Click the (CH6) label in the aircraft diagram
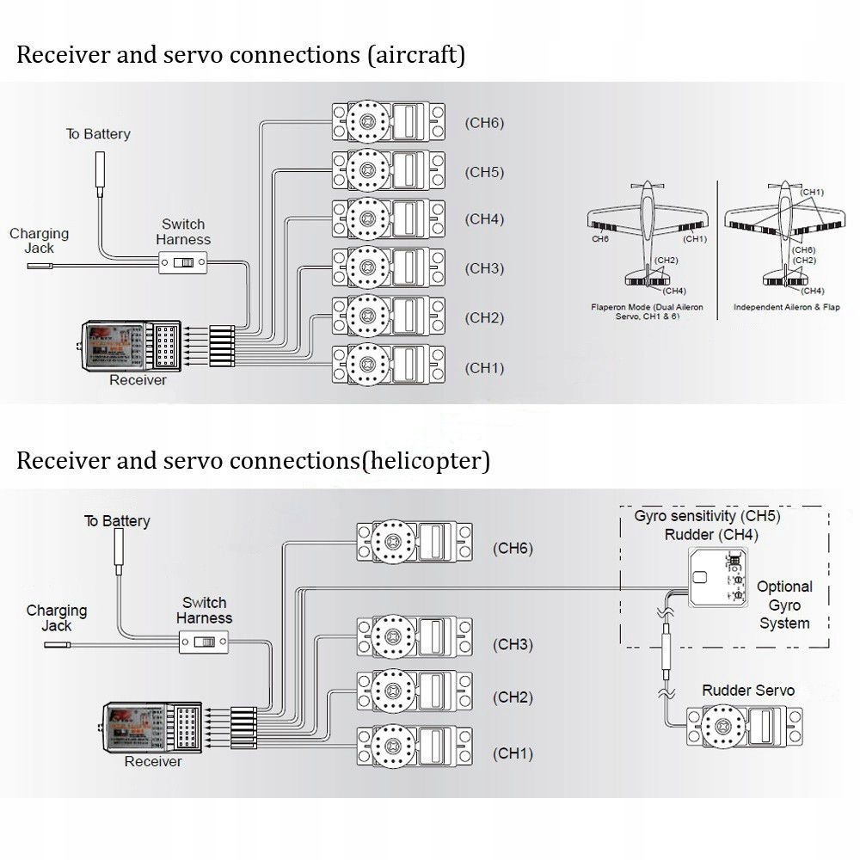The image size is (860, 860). [x=484, y=122]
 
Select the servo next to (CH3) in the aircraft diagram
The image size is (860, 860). [x=390, y=267]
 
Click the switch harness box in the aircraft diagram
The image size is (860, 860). [x=182, y=262]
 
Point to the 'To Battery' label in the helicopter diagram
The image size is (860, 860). [x=117, y=521]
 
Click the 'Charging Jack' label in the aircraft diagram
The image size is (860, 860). [x=40, y=241]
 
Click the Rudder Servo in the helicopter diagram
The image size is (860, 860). [x=744, y=725]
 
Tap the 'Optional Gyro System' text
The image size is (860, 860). [x=784, y=605]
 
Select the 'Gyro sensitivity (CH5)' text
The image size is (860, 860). [x=707, y=517]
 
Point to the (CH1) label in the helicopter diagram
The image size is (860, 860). [x=513, y=753]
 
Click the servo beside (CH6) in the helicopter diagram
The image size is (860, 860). [x=415, y=544]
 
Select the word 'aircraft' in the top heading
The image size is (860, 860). [x=415, y=56]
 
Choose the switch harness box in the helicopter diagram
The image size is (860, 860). [x=204, y=642]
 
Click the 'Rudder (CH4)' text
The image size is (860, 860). [x=711, y=535]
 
